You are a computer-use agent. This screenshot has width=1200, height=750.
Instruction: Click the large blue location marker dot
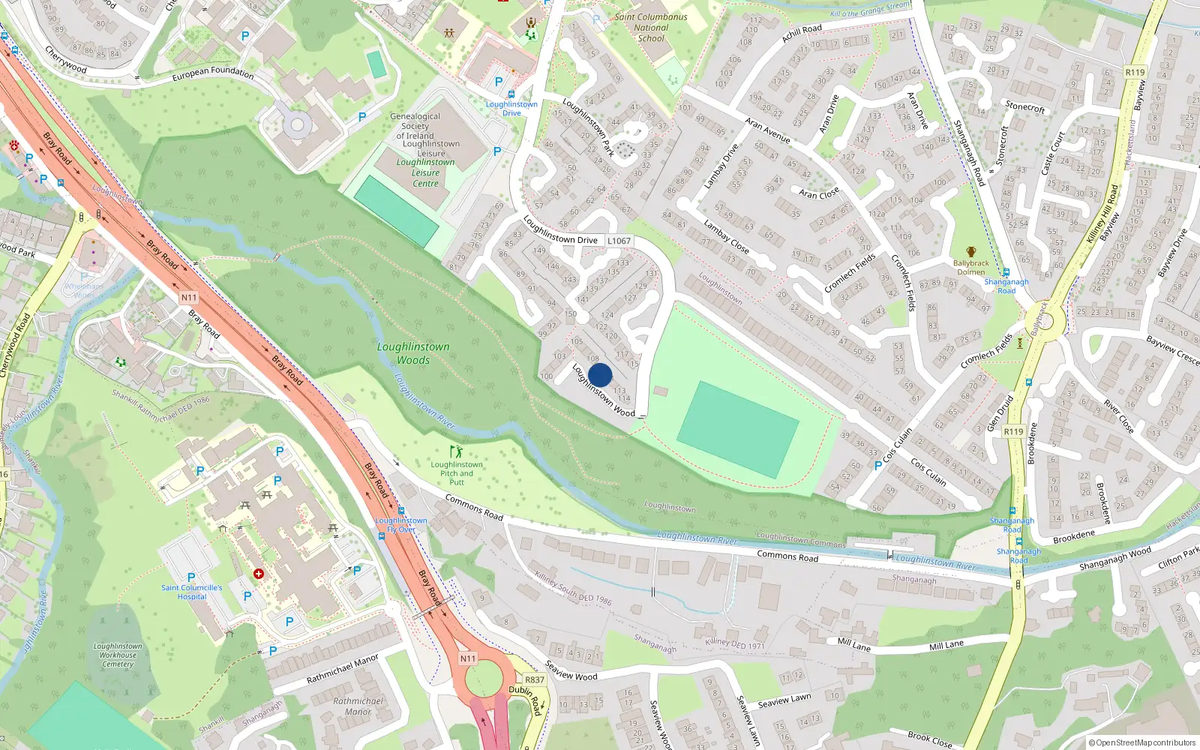600,375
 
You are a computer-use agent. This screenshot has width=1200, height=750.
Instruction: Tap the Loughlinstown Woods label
413,353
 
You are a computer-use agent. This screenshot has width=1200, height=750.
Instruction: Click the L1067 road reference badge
619,241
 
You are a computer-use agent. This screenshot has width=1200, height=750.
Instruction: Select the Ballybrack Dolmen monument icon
971,252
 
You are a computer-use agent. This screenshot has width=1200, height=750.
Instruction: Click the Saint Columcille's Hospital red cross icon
259,574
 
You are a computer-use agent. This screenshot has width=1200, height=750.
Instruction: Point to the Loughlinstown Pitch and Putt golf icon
456,451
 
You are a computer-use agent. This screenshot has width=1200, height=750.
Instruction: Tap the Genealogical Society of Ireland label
415,126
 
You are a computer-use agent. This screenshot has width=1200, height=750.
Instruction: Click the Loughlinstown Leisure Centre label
426,172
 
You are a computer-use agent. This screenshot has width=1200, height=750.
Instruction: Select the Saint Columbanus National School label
650,27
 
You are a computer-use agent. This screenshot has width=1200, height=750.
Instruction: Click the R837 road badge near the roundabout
534,679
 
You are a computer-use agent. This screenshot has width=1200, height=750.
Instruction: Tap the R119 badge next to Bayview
1135,73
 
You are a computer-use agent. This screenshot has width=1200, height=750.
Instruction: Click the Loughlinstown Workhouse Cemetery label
118,655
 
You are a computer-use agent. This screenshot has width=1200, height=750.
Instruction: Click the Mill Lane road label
946,645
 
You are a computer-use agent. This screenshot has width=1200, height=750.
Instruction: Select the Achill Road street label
802,33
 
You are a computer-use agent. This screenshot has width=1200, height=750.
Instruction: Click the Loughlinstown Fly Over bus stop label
401,524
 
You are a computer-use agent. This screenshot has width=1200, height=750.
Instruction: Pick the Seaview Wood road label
571,670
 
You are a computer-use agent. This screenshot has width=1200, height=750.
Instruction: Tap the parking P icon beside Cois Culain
878,466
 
